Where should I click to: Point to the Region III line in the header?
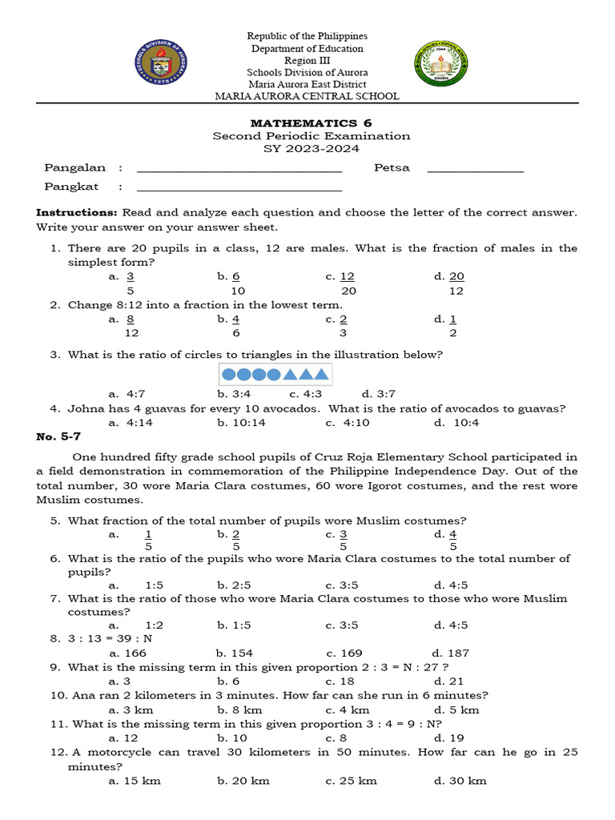pyautogui.click(x=307, y=60)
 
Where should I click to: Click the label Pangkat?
pyautogui.click(x=72, y=187)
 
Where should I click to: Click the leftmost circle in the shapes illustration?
pyautogui.click(x=228, y=374)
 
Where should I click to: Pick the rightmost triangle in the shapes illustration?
pyautogui.click(x=321, y=374)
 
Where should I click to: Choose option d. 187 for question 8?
pyautogui.click(x=451, y=653)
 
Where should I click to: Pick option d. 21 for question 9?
pyautogui.click(x=448, y=681)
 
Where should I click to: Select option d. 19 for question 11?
pyautogui.click(x=448, y=738)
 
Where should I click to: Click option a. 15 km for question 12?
pyautogui.click(x=131, y=780)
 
